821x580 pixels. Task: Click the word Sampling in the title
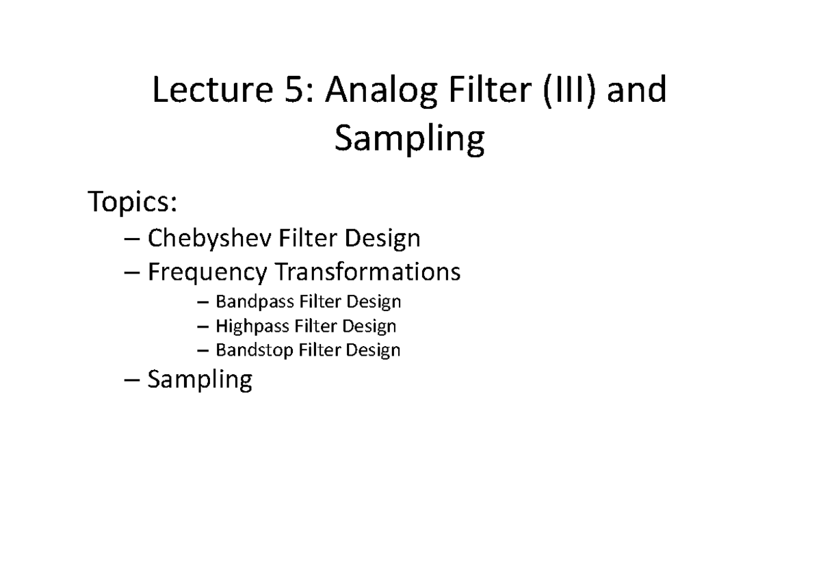tap(409, 140)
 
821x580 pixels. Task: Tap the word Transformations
tap(367, 272)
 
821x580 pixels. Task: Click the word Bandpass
tap(250, 302)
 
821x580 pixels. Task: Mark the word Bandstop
tap(250, 350)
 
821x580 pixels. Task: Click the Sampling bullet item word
tap(200, 380)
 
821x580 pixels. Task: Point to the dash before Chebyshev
tap(134, 239)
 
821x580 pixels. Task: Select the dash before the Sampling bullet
tap(134, 380)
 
